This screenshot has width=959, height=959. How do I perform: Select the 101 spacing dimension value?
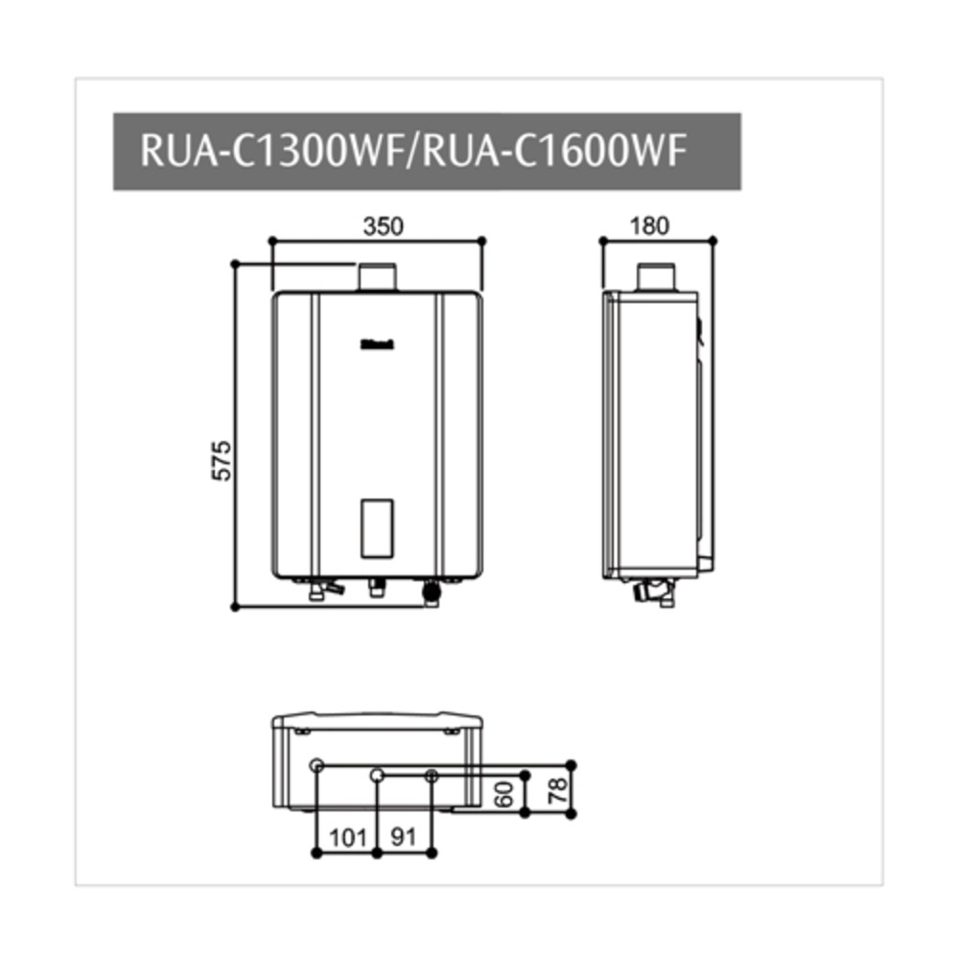347,836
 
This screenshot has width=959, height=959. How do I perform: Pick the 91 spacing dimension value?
404,836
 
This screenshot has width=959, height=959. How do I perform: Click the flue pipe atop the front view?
377,277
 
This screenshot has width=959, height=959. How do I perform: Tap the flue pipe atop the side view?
658,277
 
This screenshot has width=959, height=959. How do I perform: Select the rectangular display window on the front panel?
377,528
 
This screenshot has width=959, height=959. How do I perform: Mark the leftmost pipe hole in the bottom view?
317,763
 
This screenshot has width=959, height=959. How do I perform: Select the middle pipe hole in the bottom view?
378,774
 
